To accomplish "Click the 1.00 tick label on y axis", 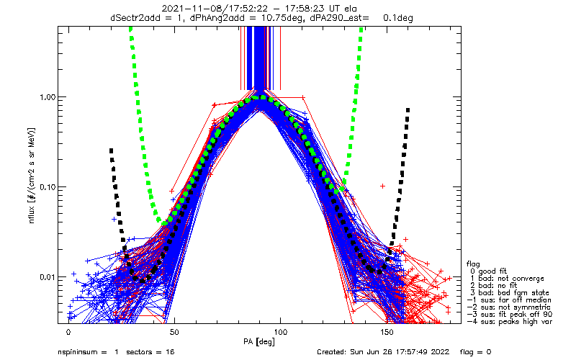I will point(45,96).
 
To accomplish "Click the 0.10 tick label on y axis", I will point(45,186).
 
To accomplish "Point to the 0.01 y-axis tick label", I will point(45,276).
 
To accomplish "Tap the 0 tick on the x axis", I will point(68,332).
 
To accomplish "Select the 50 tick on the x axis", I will point(174,332).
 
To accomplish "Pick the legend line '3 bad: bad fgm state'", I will point(503,294).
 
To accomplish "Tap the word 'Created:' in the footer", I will point(332,352).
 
